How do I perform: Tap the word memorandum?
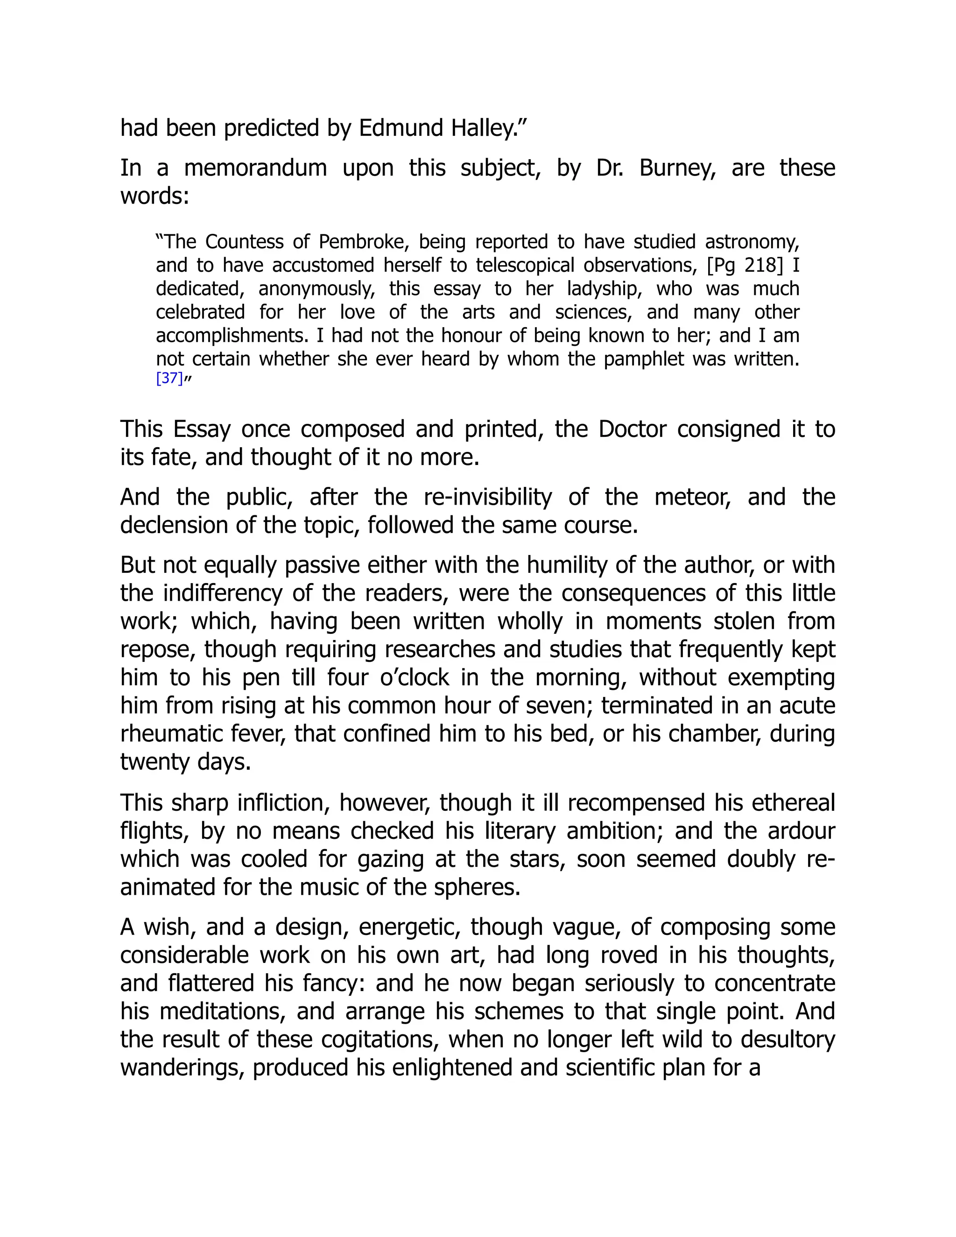coord(255,168)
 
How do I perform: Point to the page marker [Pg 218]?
coord(745,266)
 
